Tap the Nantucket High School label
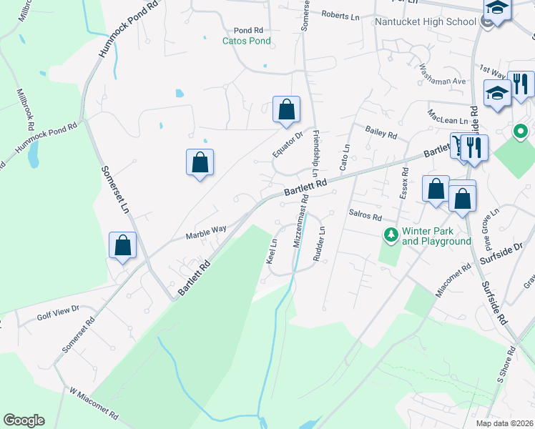[x=426, y=21]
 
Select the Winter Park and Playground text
[x=436, y=236]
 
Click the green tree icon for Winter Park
[x=391, y=234]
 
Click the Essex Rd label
[x=404, y=182]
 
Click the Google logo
[x=24, y=420]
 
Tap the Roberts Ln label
[x=340, y=15]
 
